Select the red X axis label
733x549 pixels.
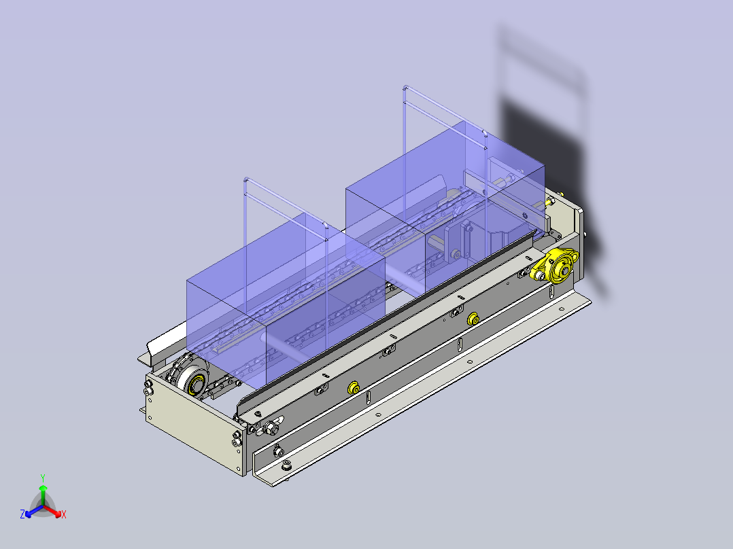[x=64, y=514]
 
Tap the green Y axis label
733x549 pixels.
[x=42, y=478]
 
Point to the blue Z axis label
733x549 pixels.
[x=22, y=514]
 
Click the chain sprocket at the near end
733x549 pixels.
[x=192, y=380]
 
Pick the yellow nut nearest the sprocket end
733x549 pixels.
[x=354, y=388]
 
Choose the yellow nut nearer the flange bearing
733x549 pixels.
[x=473, y=318]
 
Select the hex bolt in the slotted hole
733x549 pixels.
[x=273, y=427]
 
